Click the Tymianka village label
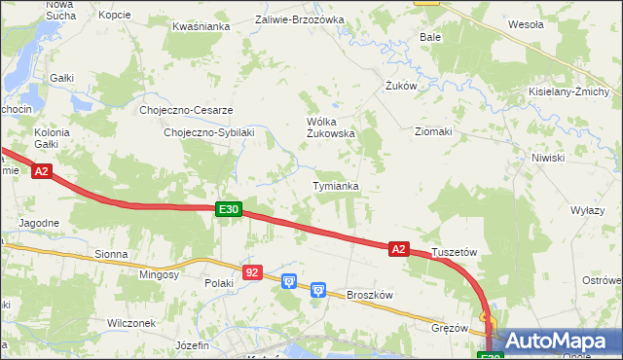click(336, 185)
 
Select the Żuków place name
click(400, 86)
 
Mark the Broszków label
click(369, 294)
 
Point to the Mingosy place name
click(159, 274)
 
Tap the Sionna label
click(111, 254)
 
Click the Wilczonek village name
click(132, 322)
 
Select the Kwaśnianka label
click(201, 26)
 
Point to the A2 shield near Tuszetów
click(397, 249)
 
